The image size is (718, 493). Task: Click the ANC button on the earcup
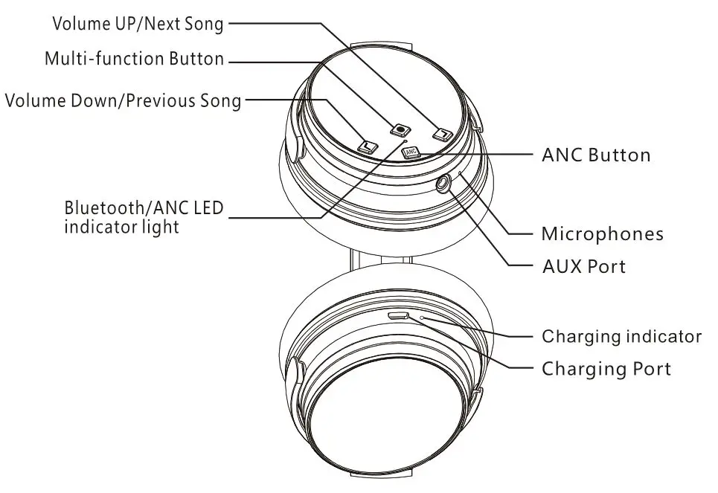(x=411, y=153)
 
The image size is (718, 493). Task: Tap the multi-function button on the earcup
(x=402, y=128)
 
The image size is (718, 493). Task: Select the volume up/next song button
(x=443, y=135)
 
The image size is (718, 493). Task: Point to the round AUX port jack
(x=445, y=181)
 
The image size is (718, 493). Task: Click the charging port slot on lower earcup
(x=397, y=316)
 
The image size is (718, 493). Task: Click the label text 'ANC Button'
(x=596, y=155)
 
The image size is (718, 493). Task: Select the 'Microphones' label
(x=602, y=234)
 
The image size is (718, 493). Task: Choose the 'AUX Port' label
(x=583, y=266)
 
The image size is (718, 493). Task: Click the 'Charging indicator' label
(x=621, y=336)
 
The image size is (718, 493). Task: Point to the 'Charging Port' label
(x=606, y=368)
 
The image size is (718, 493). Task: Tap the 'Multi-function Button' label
(x=134, y=59)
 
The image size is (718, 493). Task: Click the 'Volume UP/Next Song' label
(x=138, y=24)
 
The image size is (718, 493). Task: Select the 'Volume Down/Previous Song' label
(x=124, y=101)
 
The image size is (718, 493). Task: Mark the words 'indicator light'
(x=121, y=226)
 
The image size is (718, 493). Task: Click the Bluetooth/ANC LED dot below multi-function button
(x=404, y=138)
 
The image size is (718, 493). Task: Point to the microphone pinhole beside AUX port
(x=461, y=173)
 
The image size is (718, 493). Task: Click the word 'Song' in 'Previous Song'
(x=221, y=101)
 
